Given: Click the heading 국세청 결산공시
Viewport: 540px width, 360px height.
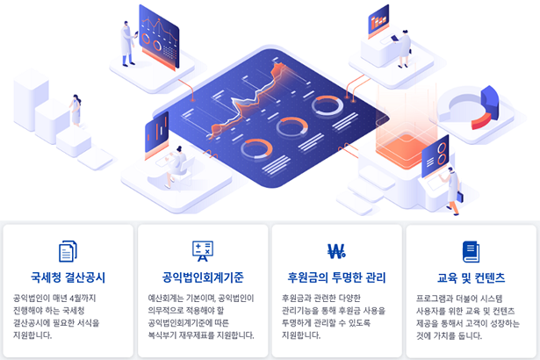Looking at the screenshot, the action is click(68, 277).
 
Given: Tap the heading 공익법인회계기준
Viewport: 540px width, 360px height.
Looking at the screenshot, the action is click(203, 277).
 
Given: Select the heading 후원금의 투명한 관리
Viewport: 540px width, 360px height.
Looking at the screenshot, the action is click(336, 277).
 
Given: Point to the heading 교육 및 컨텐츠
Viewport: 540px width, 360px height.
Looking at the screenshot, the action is click(471, 277).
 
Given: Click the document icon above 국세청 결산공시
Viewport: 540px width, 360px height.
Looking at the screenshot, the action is click(68, 251).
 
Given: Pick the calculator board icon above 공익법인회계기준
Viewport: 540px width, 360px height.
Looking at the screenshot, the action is click(203, 251).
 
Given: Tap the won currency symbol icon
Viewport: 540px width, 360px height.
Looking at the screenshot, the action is click(336, 251).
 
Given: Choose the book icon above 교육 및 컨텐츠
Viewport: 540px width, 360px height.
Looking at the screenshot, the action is click(471, 252).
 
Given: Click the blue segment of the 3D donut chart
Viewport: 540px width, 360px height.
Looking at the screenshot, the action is click(490, 102).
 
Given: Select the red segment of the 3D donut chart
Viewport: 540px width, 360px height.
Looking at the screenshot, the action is click(481, 121).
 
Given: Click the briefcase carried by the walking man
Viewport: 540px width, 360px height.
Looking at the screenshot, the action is click(460, 197).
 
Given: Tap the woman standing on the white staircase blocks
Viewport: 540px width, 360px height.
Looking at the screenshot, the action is click(76, 111).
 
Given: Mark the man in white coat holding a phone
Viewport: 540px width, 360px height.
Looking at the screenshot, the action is click(128, 44).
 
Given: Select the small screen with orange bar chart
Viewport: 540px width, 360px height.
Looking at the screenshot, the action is click(378, 21).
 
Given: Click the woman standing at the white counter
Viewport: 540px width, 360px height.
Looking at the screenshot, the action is click(404, 49).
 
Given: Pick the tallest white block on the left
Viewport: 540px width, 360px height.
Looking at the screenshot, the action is click(31, 100).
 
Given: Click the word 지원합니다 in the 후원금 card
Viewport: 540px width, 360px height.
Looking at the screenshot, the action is click(301, 335).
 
